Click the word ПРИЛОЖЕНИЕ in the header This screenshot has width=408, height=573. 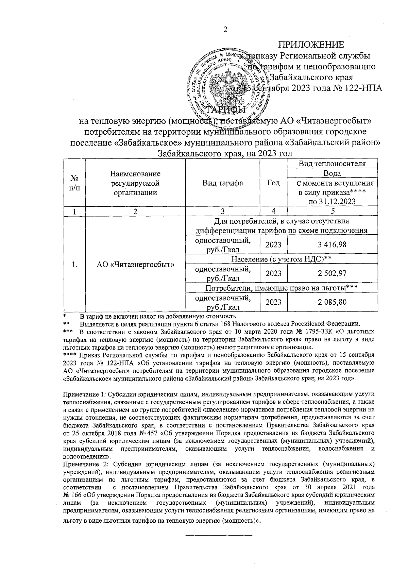[311, 45]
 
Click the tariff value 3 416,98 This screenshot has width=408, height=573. [332, 245]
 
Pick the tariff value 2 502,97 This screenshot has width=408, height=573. [332, 273]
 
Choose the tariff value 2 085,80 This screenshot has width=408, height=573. [332, 302]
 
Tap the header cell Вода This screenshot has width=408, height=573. [332, 173]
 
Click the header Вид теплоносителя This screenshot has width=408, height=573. [332, 163]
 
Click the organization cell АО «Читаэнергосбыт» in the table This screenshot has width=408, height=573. [135, 265]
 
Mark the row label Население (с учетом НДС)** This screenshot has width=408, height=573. [281, 259]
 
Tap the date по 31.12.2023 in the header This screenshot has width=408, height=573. [332, 201]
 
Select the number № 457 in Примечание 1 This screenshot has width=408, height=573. [149, 433]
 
